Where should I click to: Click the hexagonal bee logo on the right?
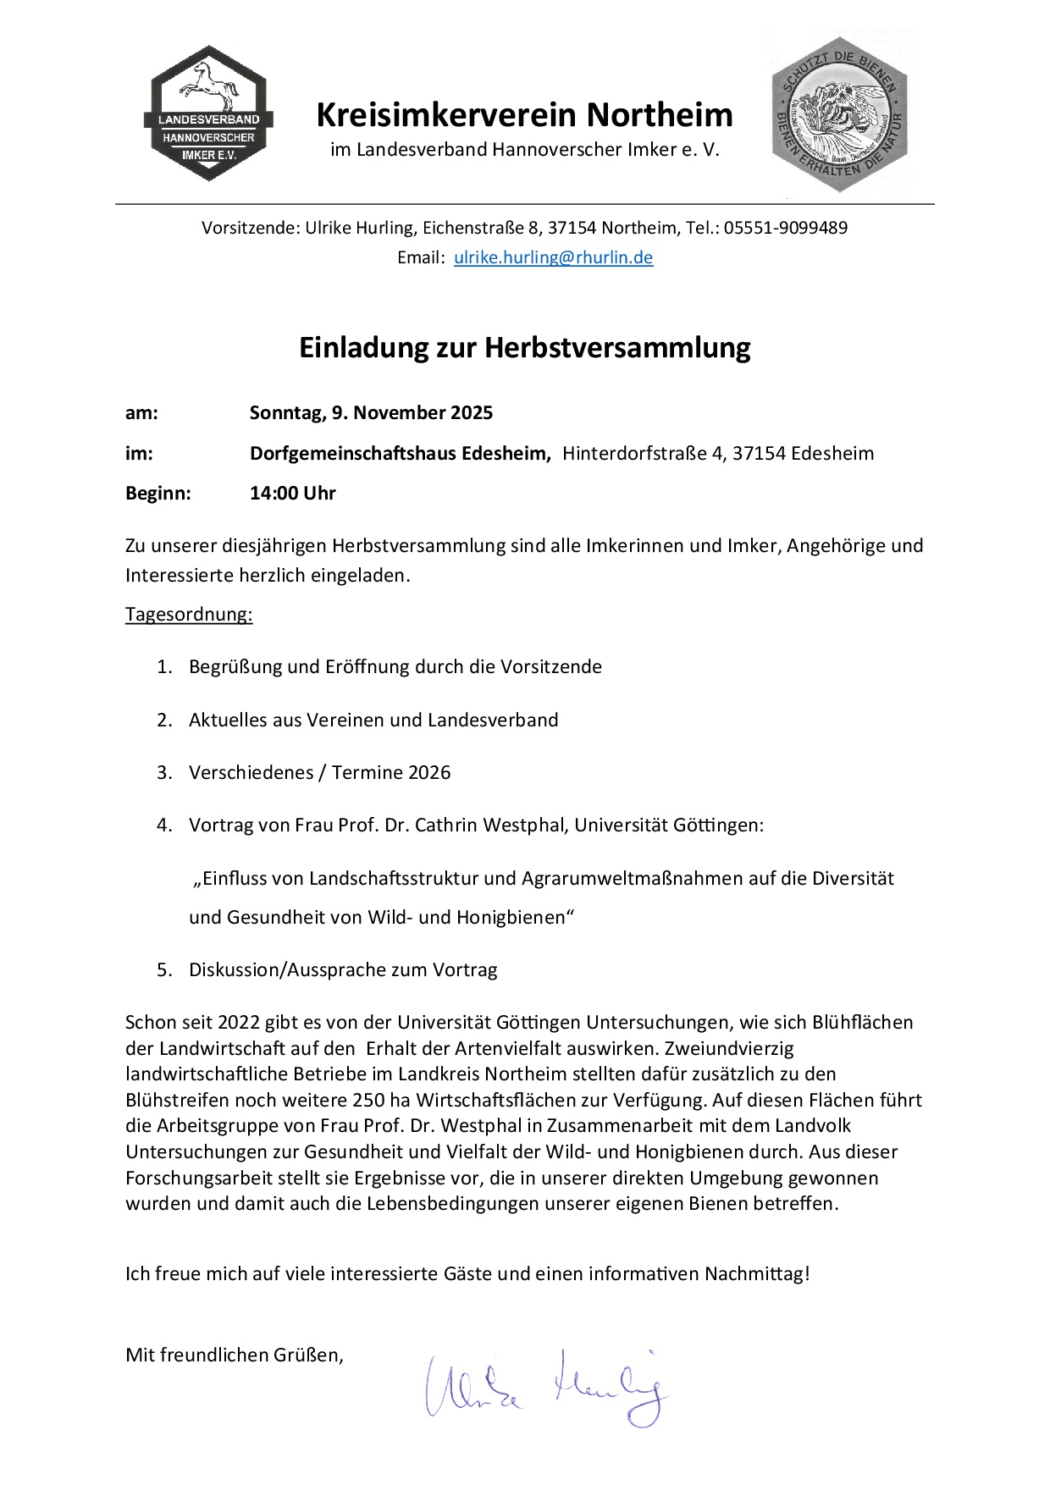[839, 115]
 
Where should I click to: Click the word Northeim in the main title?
[660, 114]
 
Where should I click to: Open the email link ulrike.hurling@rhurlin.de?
[553, 257]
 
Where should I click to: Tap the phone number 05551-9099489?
[785, 228]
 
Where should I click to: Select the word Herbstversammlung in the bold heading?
[617, 348]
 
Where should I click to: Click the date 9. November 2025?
[412, 413]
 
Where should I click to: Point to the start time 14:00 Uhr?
[292, 494]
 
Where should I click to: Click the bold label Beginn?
[158, 494]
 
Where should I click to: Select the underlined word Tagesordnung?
[189, 615]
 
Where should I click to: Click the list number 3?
[163, 773]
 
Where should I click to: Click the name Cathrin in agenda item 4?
[446, 825]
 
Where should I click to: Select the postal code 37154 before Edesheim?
[759, 454]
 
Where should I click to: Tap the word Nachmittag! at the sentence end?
[757, 1274]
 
